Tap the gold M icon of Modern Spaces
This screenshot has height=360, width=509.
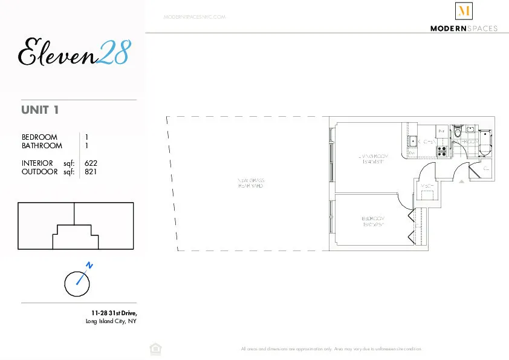[x=464, y=11]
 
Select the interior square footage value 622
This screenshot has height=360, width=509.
[x=91, y=163]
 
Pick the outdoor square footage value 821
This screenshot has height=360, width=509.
[x=91, y=171]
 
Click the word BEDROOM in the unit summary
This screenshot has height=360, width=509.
[x=39, y=137]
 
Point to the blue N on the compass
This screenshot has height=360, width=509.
[x=89, y=265]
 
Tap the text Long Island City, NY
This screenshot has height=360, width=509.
[x=112, y=321]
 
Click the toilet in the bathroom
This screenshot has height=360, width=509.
[x=458, y=131]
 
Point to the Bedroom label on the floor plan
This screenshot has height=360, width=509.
[x=373, y=221]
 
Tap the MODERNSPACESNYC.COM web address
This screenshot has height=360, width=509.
[x=194, y=17]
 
